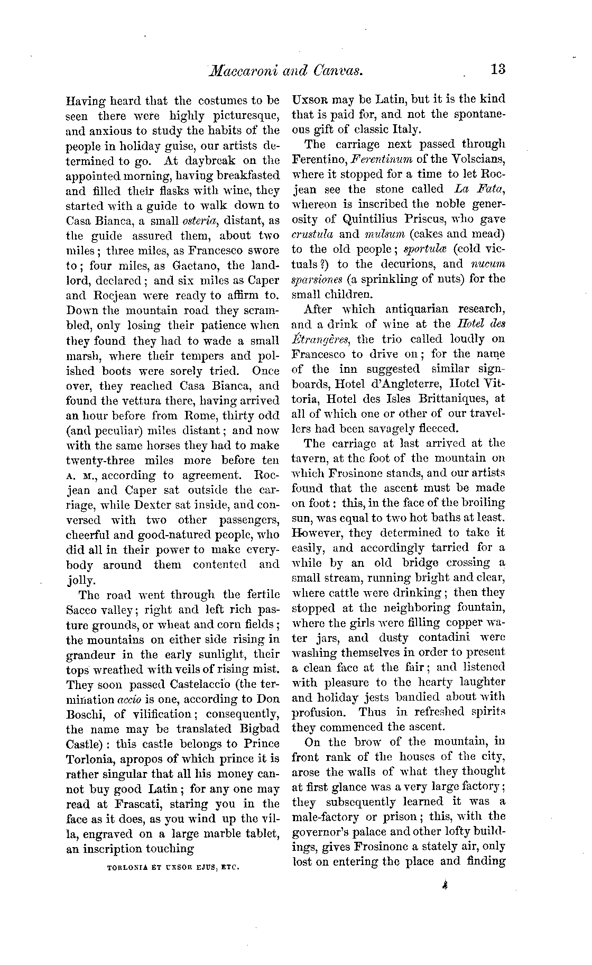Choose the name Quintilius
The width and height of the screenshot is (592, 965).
pyautogui.click(x=373, y=219)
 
